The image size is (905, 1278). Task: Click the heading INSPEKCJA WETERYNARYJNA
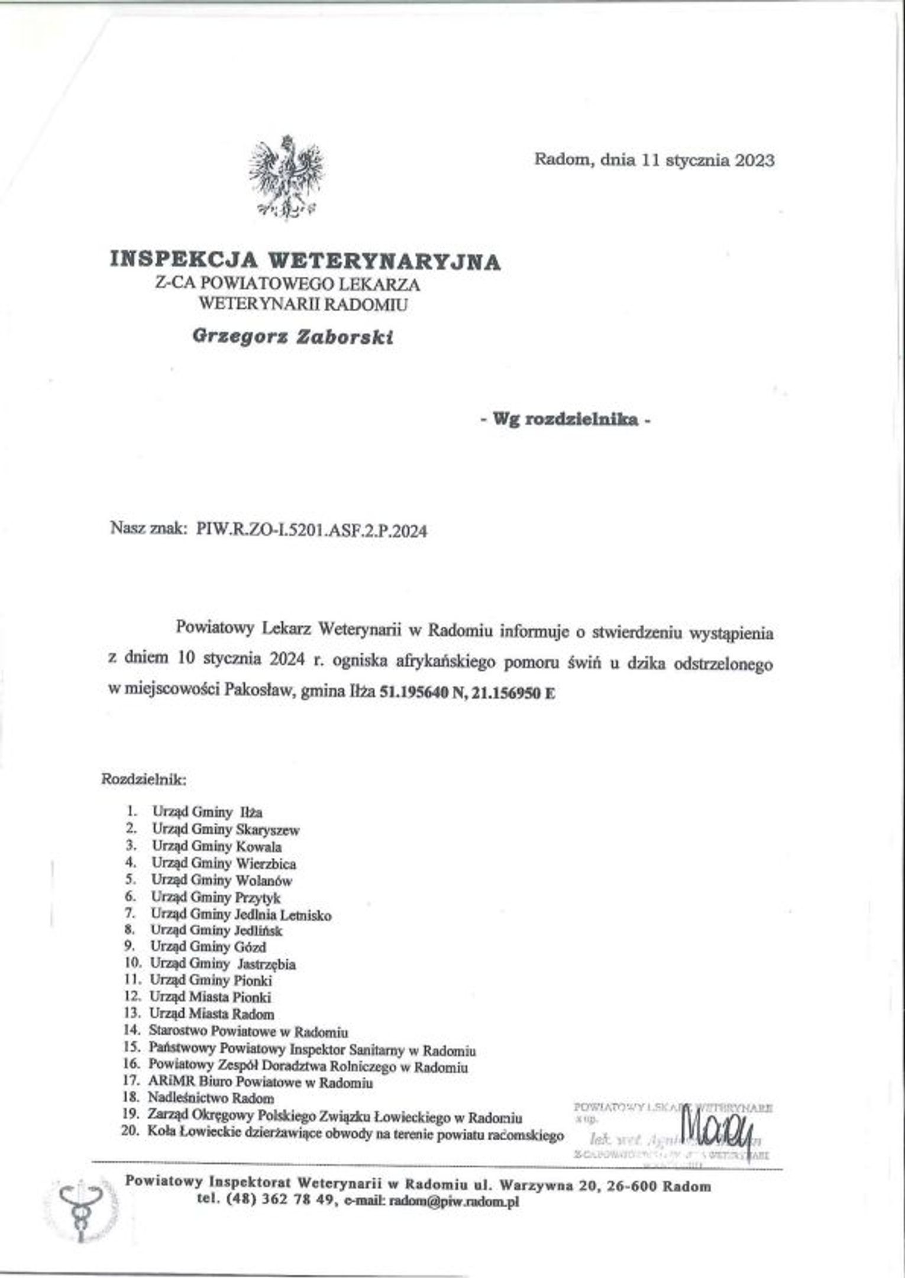click(305, 260)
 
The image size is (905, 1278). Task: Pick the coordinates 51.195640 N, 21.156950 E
click(467, 693)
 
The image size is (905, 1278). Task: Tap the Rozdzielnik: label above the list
click(145, 779)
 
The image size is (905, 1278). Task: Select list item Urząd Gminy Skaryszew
click(225, 830)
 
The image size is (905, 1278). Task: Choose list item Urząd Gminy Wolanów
click(222, 880)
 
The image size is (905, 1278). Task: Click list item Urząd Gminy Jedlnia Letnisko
click(241, 914)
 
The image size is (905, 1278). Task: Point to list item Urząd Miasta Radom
click(212, 1014)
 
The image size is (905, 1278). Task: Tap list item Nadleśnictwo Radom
click(211, 1098)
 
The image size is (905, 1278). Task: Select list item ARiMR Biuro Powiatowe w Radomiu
click(261, 1082)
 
